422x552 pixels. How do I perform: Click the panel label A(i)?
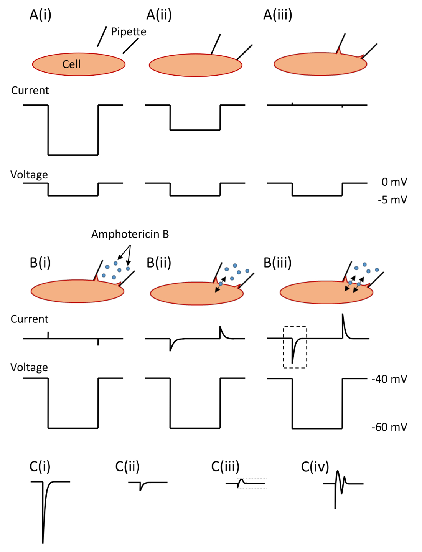40,15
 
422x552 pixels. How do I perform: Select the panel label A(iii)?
278,15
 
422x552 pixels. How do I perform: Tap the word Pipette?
129,31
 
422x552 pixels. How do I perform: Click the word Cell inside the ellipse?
71,64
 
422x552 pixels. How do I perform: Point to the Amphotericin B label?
130,234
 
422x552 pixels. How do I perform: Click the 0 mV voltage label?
394,182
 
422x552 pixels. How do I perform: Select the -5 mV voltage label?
392,200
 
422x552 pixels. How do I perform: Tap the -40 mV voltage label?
389,379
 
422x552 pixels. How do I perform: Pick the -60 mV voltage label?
389,427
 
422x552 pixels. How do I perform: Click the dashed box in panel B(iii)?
295,347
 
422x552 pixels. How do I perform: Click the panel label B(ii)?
159,263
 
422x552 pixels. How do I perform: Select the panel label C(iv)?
315,467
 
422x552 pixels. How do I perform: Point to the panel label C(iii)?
225,466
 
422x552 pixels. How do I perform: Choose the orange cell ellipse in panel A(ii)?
195,66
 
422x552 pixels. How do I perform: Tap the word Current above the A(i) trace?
30,91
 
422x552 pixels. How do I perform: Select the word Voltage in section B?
29,367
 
